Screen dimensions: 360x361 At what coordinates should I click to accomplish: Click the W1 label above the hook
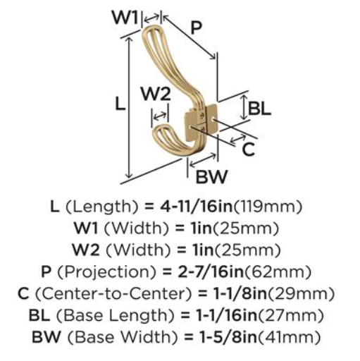click(x=125, y=17)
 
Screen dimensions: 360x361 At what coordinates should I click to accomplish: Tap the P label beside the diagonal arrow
click(x=196, y=28)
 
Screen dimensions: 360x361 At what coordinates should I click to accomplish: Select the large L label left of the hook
click(x=120, y=104)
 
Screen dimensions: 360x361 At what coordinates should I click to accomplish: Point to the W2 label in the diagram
click(x=156, y=94)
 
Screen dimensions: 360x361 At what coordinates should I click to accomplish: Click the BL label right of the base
click(x=259, y=109)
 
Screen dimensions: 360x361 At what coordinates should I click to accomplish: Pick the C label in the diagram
click(x=248, y=149)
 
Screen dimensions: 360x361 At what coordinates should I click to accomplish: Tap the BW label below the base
click(x=211, y=176)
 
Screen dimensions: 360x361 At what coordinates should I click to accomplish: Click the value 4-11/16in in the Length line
click(x=197, y=207)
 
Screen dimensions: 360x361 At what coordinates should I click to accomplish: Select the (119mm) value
click(x=268, y=207)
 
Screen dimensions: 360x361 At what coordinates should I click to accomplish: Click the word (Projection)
click(x=106, y=271)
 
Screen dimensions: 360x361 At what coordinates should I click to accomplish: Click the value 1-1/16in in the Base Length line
click(x=227, y=315)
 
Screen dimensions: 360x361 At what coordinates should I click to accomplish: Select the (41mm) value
click(x=290, y=337)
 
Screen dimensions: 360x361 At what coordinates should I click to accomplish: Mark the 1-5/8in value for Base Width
click(x=228, y=337)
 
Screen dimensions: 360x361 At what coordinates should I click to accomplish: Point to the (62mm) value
click(x=278, y=272)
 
